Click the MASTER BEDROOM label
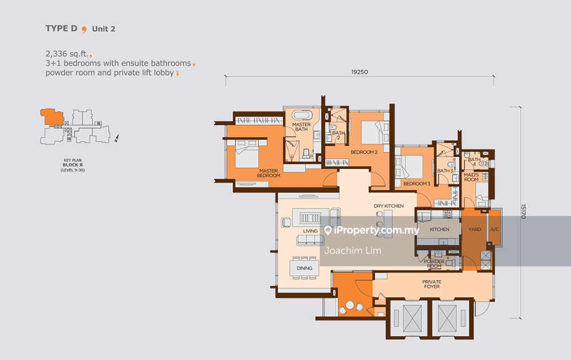point(268,173)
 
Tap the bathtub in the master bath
point(302,115)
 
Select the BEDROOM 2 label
point(364,152)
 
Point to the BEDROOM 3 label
point(417,183)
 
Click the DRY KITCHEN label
point(388,206)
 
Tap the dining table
point(304,268)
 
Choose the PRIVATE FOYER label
point(432,284)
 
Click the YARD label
point(475,229)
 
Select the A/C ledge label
point(494,229)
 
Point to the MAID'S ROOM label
point(471,177)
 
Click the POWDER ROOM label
point(434,264)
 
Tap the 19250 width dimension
point(359,72)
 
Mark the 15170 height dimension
point(523,211)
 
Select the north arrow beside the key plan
point(116,138)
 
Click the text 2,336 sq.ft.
point(67,54)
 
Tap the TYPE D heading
point(61,29)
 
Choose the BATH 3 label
point(445,170)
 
